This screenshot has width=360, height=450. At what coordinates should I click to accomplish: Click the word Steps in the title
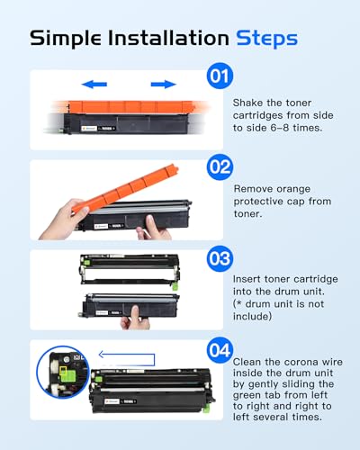coord(266,39)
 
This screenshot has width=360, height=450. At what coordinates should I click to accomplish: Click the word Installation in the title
coord(168,38)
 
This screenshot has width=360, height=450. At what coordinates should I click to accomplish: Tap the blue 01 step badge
coord(220,76)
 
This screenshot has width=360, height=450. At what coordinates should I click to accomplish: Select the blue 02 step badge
coord(220,167)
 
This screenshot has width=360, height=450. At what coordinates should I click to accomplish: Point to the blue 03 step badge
coord(220,258)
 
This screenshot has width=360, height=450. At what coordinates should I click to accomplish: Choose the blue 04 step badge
coord(220,350)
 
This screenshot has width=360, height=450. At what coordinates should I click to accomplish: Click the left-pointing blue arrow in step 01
coord(94,85)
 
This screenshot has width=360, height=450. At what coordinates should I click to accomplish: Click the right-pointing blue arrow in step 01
coord(163,85)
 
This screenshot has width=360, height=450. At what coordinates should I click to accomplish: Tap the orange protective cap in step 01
coord(131,107)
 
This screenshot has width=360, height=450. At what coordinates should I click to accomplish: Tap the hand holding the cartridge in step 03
coord(135,319)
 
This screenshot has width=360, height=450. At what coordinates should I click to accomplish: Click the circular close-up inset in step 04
coord(63,372)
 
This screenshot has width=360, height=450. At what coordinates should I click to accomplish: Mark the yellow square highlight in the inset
coord(63,370)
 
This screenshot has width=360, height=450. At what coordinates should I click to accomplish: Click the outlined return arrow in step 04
coord(127,359)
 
